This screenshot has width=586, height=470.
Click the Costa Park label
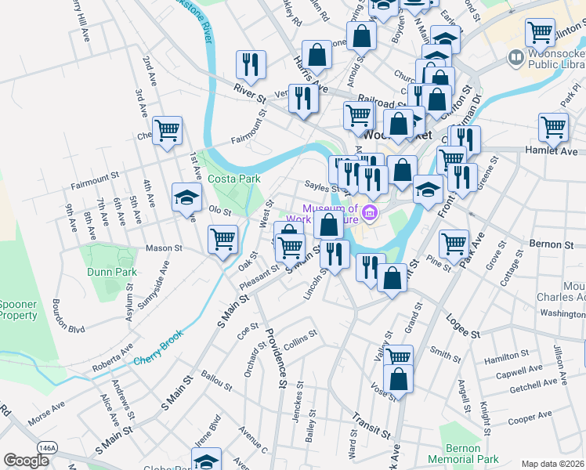pos(233,179)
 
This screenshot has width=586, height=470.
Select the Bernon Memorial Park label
pos(463,453)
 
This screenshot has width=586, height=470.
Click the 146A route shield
pos(46,447)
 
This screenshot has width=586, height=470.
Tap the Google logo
pos(27,461)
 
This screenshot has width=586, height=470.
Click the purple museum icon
pos(371,212)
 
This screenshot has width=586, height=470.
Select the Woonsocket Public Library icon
pos(515,56)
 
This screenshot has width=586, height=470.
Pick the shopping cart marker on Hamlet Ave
pos(553,127)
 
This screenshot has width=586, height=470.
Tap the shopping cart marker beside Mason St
pos(222,238)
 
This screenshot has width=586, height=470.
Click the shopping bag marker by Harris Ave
pos(317,55)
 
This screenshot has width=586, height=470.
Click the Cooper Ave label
pos(530,420)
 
